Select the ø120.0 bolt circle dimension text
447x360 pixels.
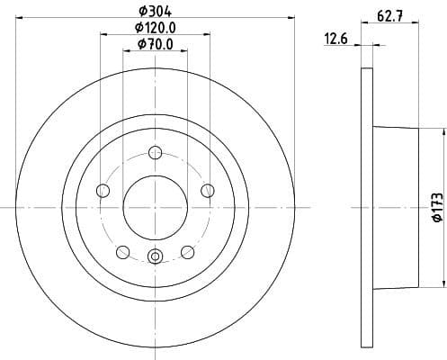[155, 28]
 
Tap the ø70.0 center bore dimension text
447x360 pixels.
[155, 45]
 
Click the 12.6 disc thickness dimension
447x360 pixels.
[335, 38]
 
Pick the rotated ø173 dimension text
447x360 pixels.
[435, 207]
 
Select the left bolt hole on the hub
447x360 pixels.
[103, 190]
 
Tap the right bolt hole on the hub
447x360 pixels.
[208, 190]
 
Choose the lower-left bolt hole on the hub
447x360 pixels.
[122, 251]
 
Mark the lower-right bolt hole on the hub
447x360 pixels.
[187, 251]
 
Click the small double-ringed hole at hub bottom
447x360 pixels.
[155, 258]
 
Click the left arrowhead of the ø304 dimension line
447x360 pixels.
[21, 18]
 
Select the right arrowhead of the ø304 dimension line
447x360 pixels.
[290, 18]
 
